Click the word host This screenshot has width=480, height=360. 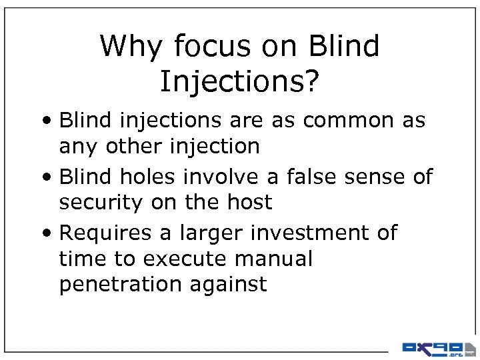tap(248, 202)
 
